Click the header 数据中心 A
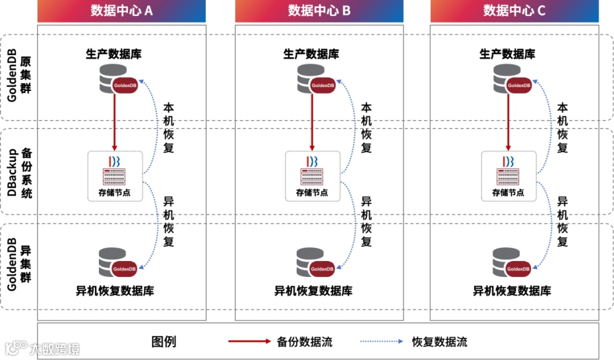122,11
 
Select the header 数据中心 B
319,11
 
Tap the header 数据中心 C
514,11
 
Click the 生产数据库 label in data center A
114,55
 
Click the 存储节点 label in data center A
115,193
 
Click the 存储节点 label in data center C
508,193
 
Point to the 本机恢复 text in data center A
169,128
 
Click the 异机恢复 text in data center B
366,222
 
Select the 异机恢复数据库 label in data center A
115,291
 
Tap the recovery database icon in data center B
314,262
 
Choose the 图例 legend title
164,342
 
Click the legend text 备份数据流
305,342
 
